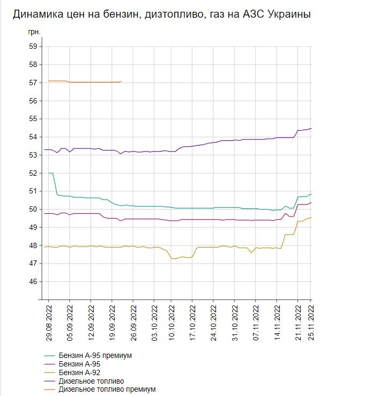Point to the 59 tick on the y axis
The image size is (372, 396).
33,47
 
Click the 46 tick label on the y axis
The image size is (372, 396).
33,282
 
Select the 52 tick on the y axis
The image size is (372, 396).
33,173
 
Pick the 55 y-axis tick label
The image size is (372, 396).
33,119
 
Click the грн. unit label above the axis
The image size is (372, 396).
34,33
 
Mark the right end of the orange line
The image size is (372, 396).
121,81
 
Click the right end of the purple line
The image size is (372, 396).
311,129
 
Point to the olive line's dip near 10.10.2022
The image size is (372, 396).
173,259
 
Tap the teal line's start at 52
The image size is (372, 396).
49,173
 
